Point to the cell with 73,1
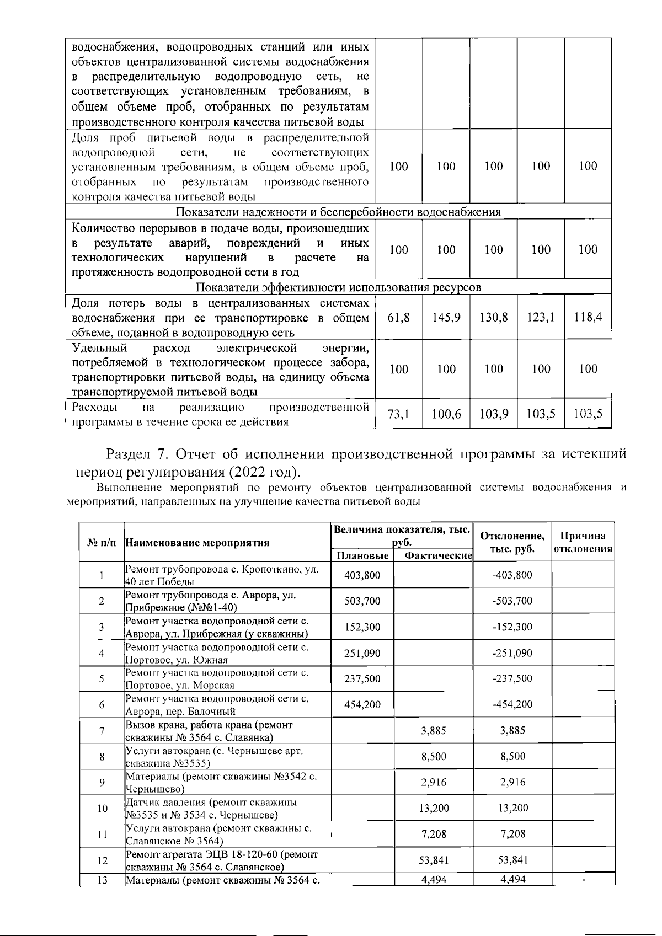[x=398, y=415]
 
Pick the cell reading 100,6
[x=446, y=415]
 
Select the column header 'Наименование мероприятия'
[x=197, y=542]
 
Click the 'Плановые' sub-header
[x=362, y=555]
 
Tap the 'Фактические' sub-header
[x=438, y=555]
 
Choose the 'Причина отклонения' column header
[x=583, y=542]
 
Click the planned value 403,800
[x=362, y=575]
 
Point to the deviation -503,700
[x=512, y=601]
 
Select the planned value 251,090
[x=362, y=654]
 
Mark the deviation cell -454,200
[x=512, y=704]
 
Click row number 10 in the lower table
[x=102, y=809]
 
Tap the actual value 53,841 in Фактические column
[x=434, y=860]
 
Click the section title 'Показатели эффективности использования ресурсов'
[x=338, y=287]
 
